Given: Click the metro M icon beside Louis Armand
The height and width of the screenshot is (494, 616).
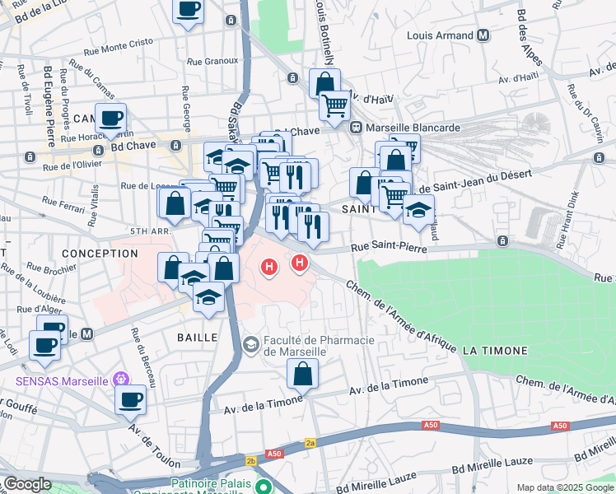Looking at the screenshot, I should pos(483,36).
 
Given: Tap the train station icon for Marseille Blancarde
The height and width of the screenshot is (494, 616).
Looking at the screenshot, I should pos(356,128).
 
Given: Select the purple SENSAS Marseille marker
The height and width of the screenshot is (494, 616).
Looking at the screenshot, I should pos(121,380).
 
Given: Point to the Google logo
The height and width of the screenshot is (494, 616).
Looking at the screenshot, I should pos(26,484).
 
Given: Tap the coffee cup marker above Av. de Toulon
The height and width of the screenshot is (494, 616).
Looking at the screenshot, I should pos(131,400).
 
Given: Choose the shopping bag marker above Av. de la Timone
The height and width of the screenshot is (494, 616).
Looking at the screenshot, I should pos(303,374).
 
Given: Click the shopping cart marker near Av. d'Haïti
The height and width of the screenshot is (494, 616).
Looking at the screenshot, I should pos(334,105).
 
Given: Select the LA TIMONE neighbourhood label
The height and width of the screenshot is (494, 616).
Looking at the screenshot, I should pos(494,351).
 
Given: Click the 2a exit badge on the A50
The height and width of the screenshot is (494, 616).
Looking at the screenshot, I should pos(310,442).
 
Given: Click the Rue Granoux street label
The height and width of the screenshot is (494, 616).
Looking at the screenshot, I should pos(212,61).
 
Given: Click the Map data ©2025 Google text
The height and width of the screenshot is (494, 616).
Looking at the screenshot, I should pos(565,487).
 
